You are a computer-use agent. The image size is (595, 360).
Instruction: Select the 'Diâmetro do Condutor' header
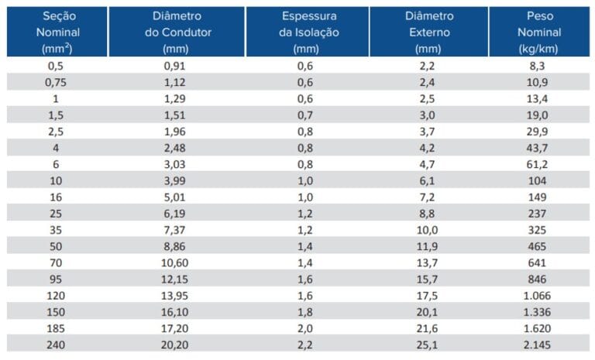tap(180, 32)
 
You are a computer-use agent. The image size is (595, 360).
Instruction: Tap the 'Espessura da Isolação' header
tap(304, 32)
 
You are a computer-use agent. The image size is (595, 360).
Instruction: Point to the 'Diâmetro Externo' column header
tap(428, 32)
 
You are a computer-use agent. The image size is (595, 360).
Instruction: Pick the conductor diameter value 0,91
tap(180, 66)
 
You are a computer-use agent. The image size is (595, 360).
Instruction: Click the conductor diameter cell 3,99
tap(180, 180)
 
